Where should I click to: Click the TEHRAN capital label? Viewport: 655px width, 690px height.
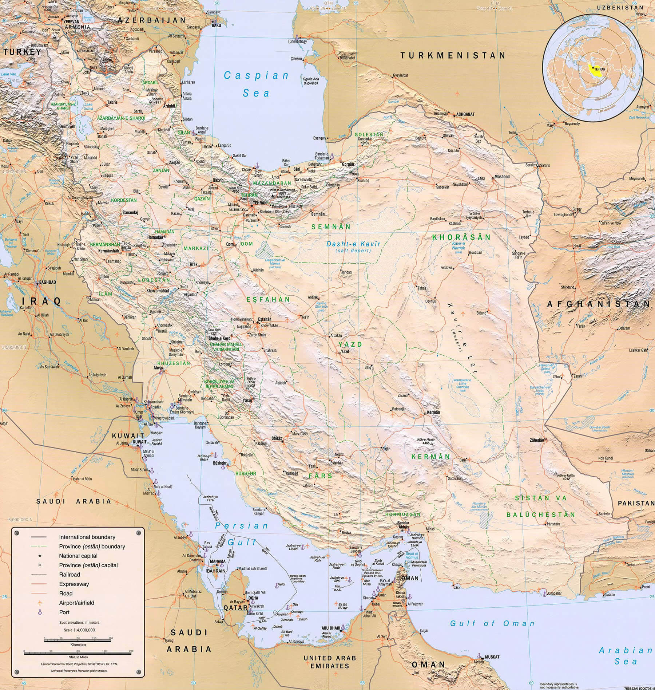point(260,203)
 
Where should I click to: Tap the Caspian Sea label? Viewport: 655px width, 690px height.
point(256,84)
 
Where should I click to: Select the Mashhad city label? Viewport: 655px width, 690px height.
point(502,177)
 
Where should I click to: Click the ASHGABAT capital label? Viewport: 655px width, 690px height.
point(465,114)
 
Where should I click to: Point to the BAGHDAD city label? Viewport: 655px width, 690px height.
point(48,282)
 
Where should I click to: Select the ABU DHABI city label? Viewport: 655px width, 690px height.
point(330,628)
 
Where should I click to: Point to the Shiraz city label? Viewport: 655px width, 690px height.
point(277,439)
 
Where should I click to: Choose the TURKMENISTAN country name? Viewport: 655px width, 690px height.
point(453,56)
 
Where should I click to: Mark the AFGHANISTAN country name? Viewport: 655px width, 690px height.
point(598,304)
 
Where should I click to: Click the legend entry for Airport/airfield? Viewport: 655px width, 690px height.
point(76,603)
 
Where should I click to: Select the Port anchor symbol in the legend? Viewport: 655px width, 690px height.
point(40,612)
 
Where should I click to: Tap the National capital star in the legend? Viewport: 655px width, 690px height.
point(40,556)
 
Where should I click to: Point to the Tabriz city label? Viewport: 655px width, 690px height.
point(112,102)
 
